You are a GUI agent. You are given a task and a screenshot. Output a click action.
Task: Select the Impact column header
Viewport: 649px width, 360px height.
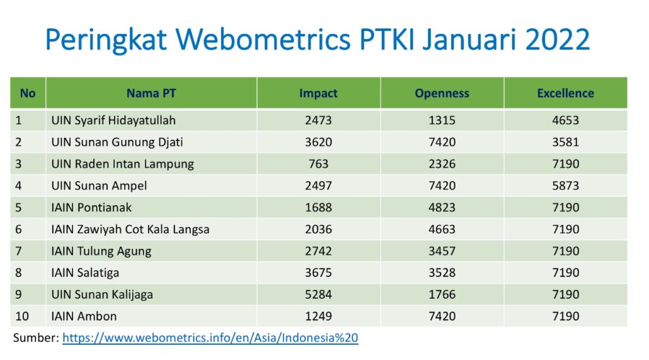318,93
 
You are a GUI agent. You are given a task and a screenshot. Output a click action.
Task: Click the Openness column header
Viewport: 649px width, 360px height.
442,93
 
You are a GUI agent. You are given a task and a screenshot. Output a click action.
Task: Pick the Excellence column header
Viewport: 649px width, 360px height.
565,93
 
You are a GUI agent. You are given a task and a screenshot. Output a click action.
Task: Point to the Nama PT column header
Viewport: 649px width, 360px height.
151,93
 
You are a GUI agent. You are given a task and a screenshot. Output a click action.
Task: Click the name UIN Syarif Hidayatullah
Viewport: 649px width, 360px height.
113,120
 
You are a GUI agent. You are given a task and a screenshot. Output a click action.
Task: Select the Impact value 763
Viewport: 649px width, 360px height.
318,164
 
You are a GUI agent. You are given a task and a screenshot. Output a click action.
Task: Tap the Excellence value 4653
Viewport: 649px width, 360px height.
565,120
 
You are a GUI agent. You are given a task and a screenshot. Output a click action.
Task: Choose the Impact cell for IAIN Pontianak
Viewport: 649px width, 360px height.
318,207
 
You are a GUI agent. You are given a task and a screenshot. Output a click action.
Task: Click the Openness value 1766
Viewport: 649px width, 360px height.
442,294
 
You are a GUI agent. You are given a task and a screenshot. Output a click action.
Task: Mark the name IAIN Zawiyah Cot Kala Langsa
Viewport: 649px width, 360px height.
130,229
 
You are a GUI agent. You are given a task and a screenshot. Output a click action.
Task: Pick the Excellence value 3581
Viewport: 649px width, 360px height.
565,142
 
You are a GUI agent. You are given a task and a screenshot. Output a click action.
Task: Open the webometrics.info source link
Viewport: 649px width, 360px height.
210,338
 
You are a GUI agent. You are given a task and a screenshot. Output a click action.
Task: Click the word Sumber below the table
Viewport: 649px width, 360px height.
36,338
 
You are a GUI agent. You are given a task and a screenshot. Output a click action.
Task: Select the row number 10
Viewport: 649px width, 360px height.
22,316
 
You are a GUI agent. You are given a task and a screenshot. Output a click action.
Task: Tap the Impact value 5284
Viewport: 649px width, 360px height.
318,294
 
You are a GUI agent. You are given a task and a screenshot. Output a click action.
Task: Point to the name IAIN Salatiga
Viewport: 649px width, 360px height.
85,273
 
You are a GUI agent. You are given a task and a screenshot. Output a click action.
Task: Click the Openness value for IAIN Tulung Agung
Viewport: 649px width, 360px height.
442,251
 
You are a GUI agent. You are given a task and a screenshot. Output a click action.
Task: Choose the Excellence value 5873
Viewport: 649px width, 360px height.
565,186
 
